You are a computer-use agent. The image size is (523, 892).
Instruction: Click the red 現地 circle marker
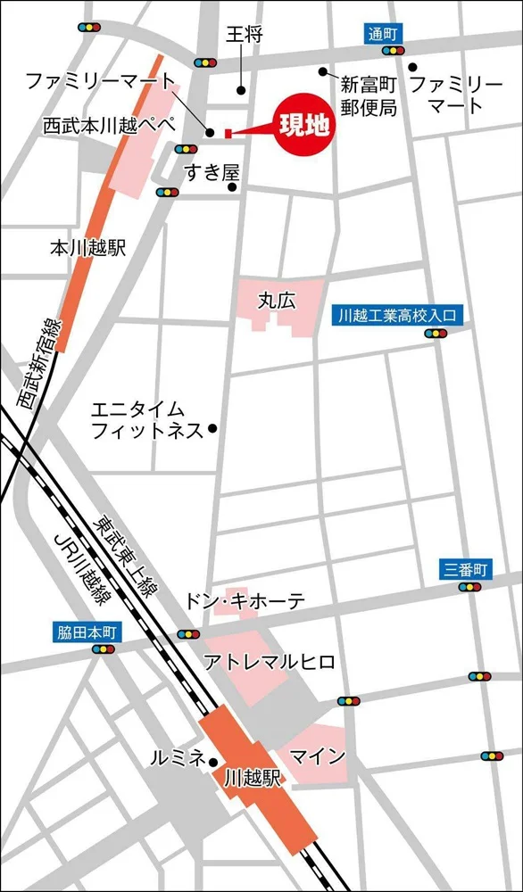303,125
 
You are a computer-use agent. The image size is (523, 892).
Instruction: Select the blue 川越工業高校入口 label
397,315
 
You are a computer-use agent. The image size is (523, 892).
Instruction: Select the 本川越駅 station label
87,247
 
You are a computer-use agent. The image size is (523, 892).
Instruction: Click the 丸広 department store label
276,301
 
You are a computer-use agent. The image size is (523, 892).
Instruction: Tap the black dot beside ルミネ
213,761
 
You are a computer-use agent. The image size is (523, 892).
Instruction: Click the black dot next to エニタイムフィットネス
212,429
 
